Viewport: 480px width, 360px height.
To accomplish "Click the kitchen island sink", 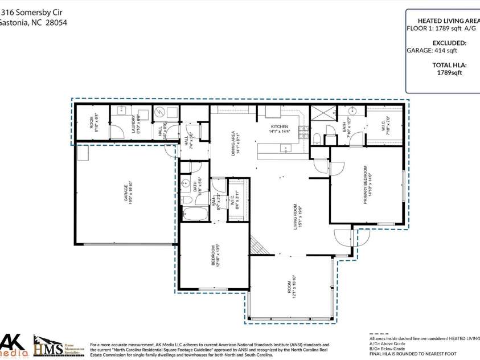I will [x=284, y=149].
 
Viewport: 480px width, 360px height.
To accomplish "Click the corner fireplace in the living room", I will [x=259, y=247].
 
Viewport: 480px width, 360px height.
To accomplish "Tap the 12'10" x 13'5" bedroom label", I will [x=216, y=258].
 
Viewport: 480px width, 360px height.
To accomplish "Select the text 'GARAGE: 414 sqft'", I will [x=432, y=50].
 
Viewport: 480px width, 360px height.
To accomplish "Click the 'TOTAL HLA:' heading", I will [x=449, y=65].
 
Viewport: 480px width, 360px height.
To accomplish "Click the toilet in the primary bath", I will [x=317, y=137].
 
